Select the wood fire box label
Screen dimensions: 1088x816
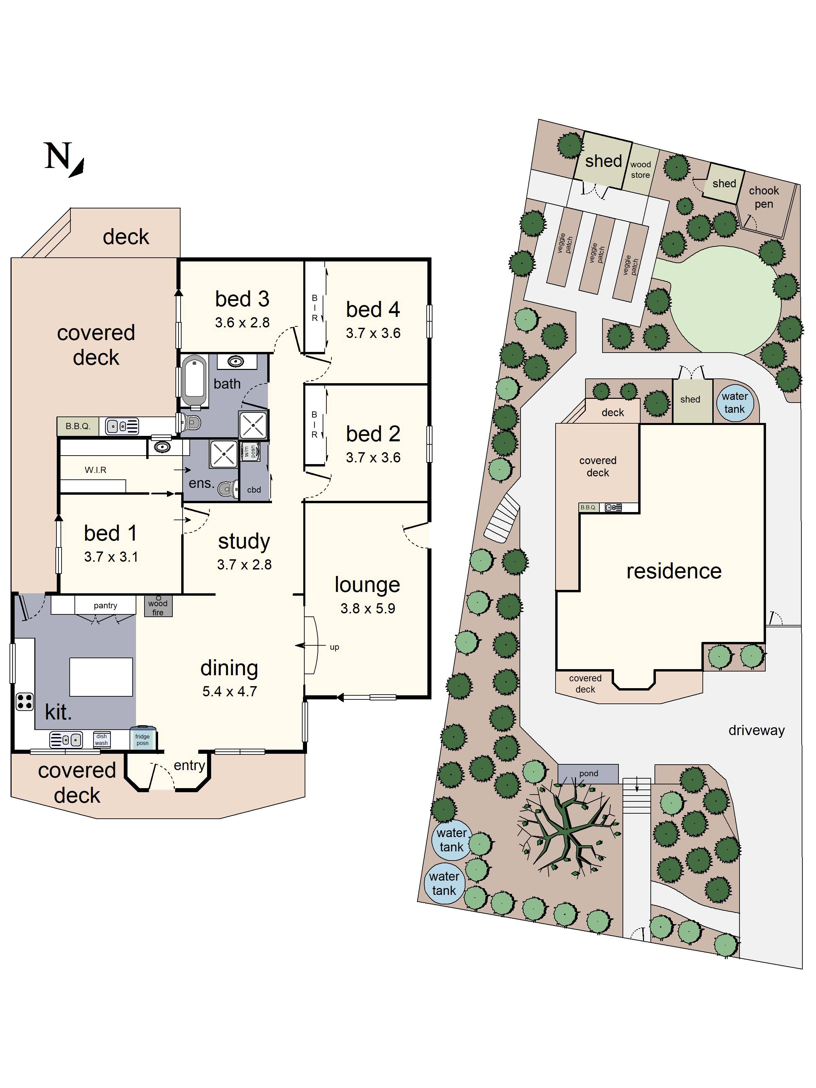(x=158, y=607)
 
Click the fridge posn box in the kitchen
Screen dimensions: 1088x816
(x=143, y=739)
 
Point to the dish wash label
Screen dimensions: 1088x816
(x=101, y=739)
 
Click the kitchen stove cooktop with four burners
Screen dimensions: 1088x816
(x=24, y=701)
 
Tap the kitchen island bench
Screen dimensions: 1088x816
(x=101, y=677)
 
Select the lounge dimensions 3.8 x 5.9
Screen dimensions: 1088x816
(x=368, y=609)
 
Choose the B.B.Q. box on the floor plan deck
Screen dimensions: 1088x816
(x=78, y=426)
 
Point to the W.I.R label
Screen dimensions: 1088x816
(x=96, y=470)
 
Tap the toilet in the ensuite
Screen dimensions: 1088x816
(x=227, y=489)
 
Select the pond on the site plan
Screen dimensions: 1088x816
(x=588, y=774)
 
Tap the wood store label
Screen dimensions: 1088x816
(x=641, y=170)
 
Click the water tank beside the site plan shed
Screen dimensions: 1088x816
(x=734, y=402)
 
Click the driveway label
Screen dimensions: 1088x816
(x=756, y=730)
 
